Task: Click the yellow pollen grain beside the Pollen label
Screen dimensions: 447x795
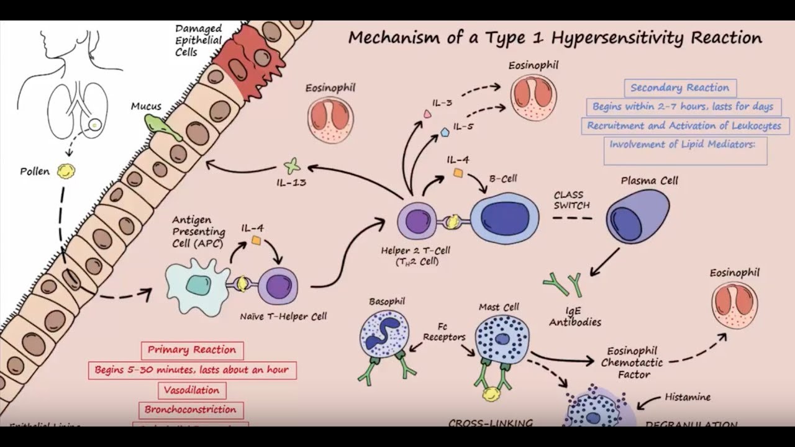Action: (63, 172)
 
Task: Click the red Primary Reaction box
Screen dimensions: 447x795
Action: (192, 350)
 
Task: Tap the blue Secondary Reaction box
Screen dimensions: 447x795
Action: (679, 88)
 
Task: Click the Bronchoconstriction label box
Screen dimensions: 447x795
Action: (191, 410)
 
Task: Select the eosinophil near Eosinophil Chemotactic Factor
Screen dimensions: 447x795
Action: (735, 305)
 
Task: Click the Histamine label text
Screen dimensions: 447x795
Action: (688, 397)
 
